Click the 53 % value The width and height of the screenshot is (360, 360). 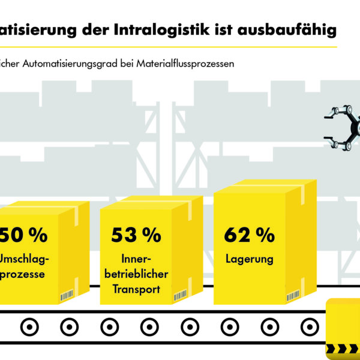click(136, 235)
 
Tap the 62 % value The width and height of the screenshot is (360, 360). click(249, 235)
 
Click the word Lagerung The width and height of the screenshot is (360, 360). click(250, 260)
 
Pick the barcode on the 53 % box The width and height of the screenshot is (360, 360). click(181, 296)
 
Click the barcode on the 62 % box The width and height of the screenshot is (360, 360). click(293, 296)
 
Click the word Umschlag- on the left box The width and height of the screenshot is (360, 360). click(24, 260)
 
